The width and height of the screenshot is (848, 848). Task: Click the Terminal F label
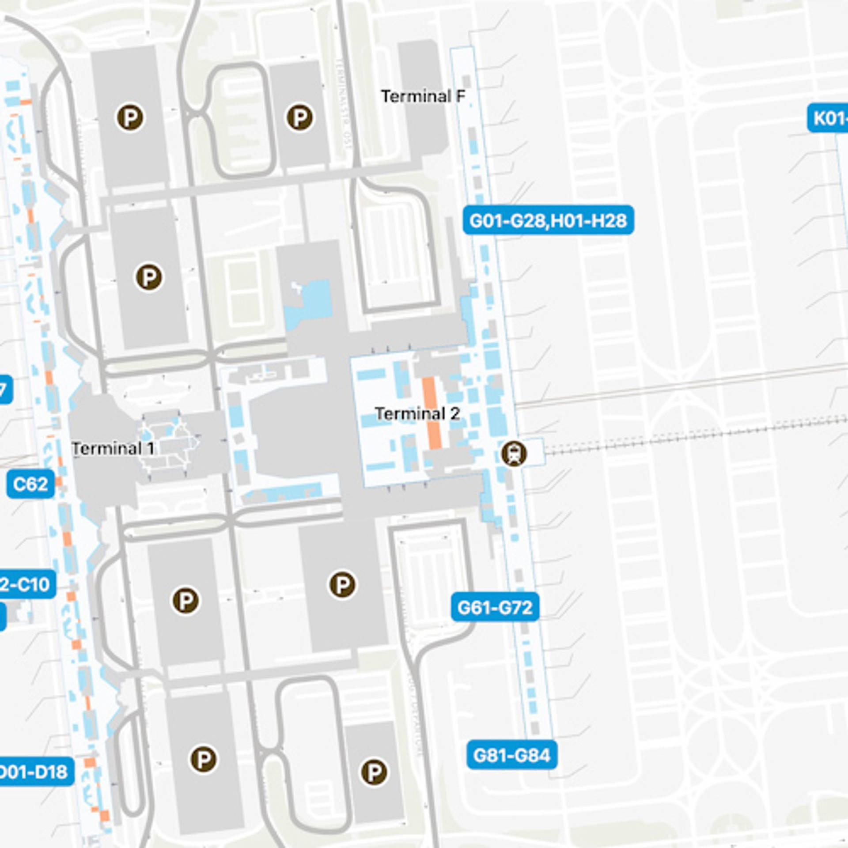(423, 96)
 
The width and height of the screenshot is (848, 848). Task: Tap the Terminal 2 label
(417, 414)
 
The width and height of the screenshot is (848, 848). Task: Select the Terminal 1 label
(113, 449)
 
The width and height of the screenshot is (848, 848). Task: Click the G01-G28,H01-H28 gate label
(548, 220)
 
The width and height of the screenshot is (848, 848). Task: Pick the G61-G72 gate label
(495, 608)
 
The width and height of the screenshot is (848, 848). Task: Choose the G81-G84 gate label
(511, 755)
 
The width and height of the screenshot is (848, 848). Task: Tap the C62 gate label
(30, 485)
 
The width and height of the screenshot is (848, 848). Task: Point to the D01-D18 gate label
(35, 772)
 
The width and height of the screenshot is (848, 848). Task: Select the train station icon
(514, 453)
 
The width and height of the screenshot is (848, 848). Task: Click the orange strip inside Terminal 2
(431, 413)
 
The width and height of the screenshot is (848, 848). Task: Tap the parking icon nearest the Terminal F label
(300, 117)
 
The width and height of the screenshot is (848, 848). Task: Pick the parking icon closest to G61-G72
(342, 585)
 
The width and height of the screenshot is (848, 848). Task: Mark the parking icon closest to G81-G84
(374, 772)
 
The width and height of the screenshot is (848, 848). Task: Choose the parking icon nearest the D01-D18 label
(203, 759)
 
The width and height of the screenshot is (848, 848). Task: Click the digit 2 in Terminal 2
(455, 414)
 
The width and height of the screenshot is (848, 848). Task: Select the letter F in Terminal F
(461, 96)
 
